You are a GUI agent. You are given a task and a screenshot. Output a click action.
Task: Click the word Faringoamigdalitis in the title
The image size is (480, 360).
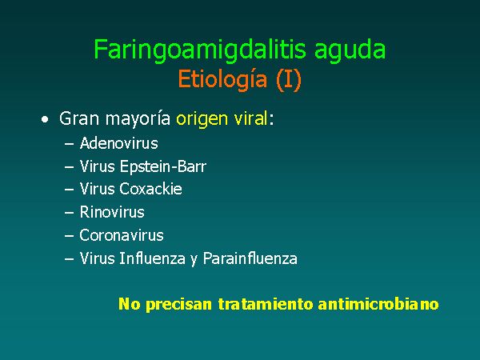pyautogui.click(x=200, y=50)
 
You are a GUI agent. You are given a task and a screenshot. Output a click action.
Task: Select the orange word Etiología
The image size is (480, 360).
pyautogui.click(x=222, y=80)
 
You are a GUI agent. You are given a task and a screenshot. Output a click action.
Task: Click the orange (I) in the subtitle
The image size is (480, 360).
pyautogui.click(x=289, y=80)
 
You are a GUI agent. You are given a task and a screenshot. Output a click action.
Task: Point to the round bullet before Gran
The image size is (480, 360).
pyautogui.click(x=45, y=120)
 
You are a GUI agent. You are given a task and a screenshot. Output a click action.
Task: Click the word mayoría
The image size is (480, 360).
pyautogui.click(x=138, y=119)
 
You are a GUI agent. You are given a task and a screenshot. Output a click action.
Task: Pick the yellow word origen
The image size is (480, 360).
pyautogui.click(x=202, y=120)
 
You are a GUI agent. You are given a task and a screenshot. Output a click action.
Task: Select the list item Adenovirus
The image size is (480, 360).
pyautogui.click(x=118, y=143)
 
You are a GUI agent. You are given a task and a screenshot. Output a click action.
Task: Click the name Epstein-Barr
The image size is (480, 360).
pyautogui.click(x=163, y=166)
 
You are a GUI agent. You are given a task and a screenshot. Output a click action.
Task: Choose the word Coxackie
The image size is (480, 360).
pyautogui.click(x=150, y=189)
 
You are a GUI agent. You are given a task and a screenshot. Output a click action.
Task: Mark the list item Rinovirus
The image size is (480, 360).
pyautogui.click(x=112, y=212)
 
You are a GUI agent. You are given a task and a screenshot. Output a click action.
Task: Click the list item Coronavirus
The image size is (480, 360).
pyautogui.click(x=122, y=235)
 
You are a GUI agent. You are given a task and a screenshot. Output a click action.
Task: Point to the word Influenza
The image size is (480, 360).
pyautogui.click(x=153, y=258)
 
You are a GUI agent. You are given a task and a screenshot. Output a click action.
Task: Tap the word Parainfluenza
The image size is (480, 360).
pyautogui.click(x=250, y=258)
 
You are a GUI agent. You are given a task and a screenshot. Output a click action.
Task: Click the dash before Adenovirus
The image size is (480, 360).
pyautogui.click(x=69, y=143)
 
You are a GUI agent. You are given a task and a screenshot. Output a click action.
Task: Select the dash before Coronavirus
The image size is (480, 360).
pyautogui.click(x=69, y=236)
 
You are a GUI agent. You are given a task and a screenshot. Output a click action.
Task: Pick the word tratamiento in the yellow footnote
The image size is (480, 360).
pyautogui.click(x=266, y=304)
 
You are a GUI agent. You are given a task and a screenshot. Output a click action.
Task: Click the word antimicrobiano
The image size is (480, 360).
pyautogui.click(x=378, y=304)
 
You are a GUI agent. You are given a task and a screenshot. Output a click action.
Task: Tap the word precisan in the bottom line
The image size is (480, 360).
pyautogui.click(x=178, y=305)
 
